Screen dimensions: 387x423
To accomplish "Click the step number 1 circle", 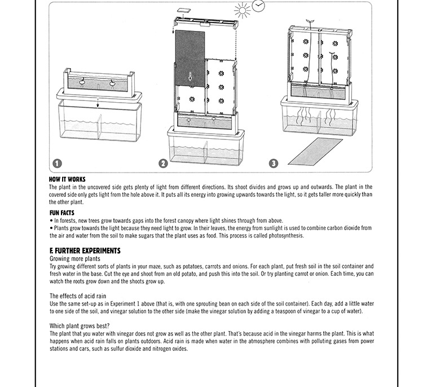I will [x=57, y=164].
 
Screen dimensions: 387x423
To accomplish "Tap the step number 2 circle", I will [x=163, y=164].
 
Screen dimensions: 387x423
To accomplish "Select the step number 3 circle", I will [x=274, y=164].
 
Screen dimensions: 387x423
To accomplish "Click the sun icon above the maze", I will [x=242, y=11].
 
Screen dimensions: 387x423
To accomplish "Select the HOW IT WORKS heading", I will [x=67, y=180].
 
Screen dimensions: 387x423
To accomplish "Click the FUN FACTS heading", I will [x=62, y=213].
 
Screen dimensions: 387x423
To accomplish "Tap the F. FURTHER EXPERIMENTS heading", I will [x=85, y=250].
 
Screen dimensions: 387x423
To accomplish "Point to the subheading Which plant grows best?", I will [x=80, y=326].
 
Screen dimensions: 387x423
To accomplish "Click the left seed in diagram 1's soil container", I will [x=82, y=82].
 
